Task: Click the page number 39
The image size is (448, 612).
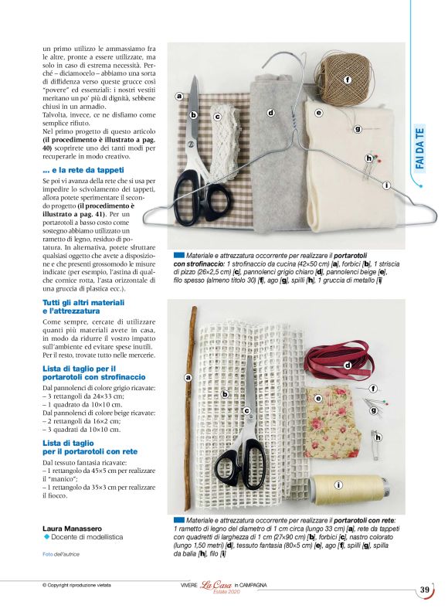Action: tap(425, 591)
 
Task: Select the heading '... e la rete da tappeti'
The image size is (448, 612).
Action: tap(83, 169)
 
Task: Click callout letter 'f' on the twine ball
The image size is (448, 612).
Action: tap(348, 80)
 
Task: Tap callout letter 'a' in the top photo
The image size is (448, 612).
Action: tap(179, 97)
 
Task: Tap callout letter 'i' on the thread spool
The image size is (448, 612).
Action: tap(338, 484)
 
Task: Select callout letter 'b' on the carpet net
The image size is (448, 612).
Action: tap(225, 394)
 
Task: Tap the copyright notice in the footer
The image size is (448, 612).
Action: tap(80, 585)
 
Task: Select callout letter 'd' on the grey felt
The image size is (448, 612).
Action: tap(270, 113)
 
